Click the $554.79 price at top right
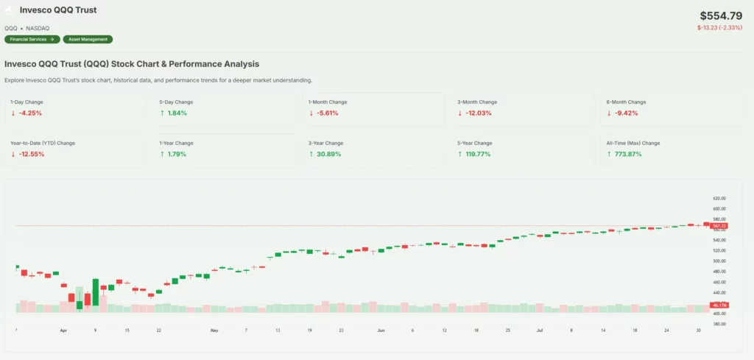tap(722, 15)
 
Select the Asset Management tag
tap(88, 39)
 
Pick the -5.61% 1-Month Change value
tap(327, 113)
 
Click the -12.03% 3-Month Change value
tap(478, 113)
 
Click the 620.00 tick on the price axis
tap(719, 199)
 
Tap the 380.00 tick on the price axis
tap(719, 324)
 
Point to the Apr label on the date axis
tap(63, 331)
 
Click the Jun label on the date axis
tap(381, 331)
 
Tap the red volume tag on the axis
tap(719, 305)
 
